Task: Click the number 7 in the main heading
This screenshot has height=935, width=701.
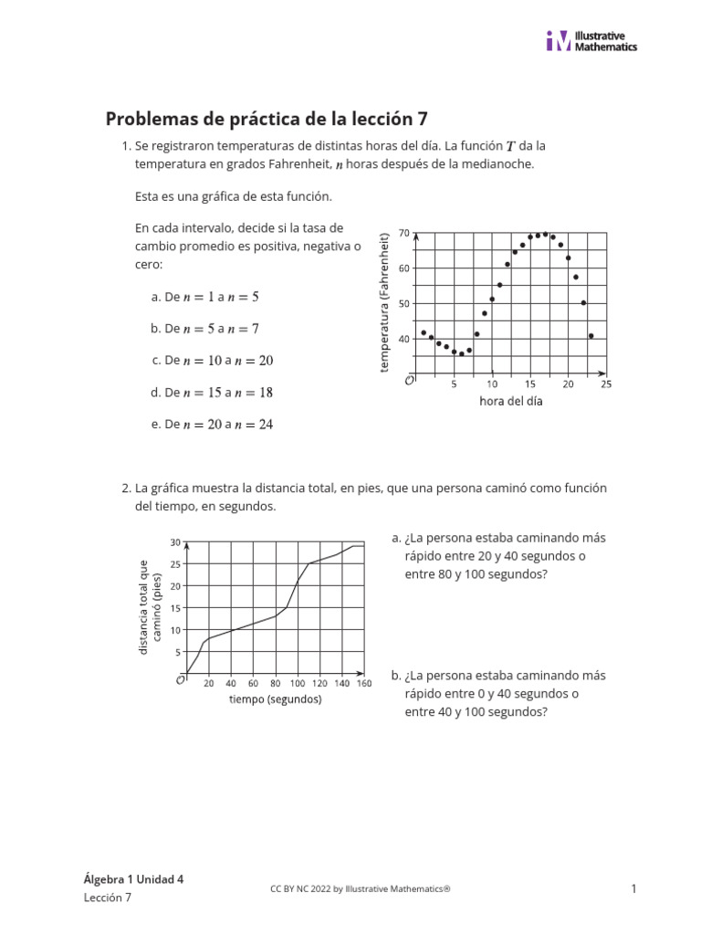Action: (x=422, y=120)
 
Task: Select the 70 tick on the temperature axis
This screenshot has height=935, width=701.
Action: (x=404, y=234)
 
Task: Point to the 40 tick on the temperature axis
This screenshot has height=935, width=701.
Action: (x=404, y=339)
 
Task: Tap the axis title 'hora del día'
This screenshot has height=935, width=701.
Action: (x=510, y=401)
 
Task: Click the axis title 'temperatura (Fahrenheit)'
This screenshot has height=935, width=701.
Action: (x=384, y=301)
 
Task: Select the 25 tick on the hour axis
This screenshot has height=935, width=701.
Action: (x=606, y=384)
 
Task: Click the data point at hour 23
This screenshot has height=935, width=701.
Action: (x=591, y=336)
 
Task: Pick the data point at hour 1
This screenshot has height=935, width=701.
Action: (x=424, y=332)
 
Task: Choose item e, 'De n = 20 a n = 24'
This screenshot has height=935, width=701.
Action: (x=212, y=425)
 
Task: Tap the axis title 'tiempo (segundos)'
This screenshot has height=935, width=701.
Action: (x=275, y=699)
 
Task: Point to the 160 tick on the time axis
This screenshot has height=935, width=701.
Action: (x=364, y=683)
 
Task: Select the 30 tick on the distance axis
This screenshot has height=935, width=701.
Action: (x=175, y=542)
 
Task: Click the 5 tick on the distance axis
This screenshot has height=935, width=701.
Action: (x=178, y=652)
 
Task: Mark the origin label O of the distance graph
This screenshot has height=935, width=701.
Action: (x=179, y=680)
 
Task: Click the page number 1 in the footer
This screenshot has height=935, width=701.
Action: (x=633, y=888)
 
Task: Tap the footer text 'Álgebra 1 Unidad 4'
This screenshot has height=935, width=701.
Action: (x=133, y=879)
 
